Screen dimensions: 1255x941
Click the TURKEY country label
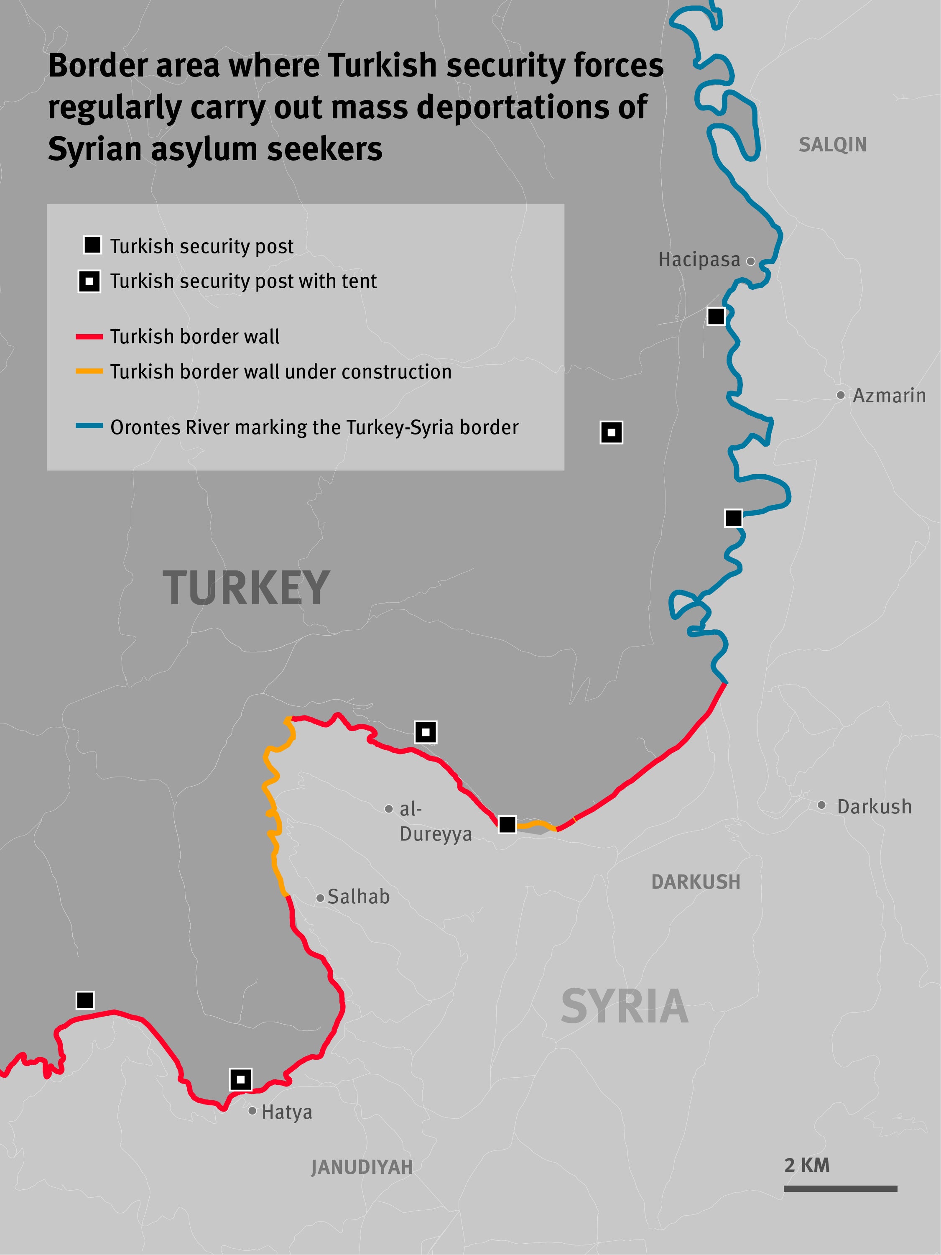click(246, 588)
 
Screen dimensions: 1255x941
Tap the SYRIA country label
click(625, 1007)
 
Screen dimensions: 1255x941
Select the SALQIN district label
click(832, 145)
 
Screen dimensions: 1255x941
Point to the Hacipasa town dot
click(750, 261)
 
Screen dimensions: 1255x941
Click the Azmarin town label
click(888, 396)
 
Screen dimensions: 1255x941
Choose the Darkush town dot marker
click(821, 805)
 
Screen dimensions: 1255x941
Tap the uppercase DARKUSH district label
click(695, 882)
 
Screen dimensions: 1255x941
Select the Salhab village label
click(359, 897)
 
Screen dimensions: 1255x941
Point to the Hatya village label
click(286, 1112)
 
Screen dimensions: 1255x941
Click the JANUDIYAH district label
click(362, 1167)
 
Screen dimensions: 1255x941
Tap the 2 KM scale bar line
click(840, 1188)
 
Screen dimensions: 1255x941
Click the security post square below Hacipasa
click(716, 316)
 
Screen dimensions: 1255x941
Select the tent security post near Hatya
click(240, 1079)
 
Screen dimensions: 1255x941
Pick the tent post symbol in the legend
click(89, 281)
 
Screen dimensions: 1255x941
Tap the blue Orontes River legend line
click(89, 425)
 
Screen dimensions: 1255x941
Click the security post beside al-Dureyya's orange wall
click(507, 824)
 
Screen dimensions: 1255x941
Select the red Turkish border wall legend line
click(89, 337)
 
